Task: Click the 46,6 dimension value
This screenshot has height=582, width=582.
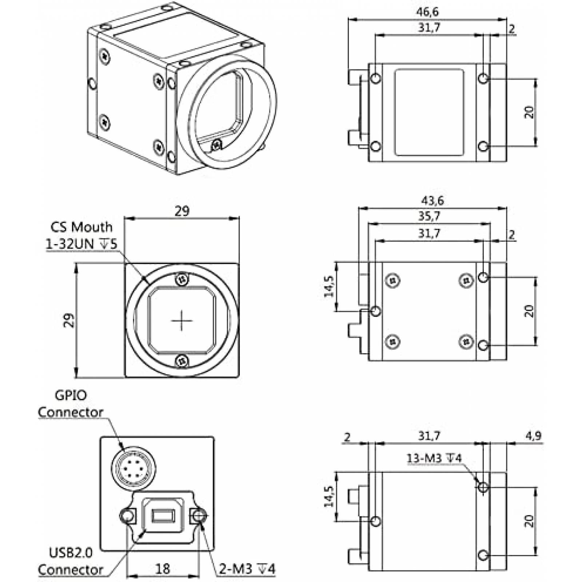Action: coord(427,12)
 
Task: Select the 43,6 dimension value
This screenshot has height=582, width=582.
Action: coord(432,200)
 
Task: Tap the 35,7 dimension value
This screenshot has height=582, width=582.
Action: coord(429,216)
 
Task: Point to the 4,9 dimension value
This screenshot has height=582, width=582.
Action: coord(533,435)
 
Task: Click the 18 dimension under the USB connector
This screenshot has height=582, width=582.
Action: coord(163,569)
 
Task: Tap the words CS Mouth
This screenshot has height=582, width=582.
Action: coord(81,227)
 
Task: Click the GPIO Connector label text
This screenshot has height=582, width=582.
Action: coord(70,404)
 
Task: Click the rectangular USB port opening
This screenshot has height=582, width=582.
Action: coord(163,516)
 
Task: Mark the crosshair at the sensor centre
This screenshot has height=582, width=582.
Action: coord(182,321)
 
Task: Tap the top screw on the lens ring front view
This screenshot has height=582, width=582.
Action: coord(182,279)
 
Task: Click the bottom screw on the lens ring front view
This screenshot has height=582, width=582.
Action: coord(182,361)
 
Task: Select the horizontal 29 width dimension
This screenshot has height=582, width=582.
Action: coord(182,211)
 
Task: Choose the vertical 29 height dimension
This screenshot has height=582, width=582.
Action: coord(69,320)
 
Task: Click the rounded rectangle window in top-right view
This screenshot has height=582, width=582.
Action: coord(429,112)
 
